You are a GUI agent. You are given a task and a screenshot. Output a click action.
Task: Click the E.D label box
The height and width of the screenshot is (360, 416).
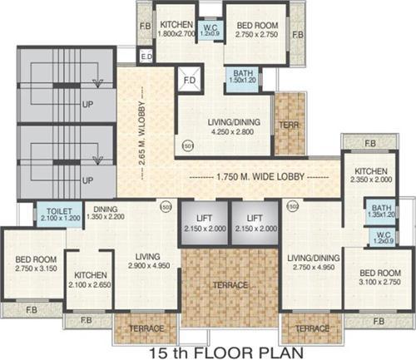(146, 57)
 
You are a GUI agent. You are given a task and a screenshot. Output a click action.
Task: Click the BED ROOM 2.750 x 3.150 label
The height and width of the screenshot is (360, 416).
(34, 265)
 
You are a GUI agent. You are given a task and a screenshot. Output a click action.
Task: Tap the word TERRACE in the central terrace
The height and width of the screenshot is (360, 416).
(230, 285)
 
